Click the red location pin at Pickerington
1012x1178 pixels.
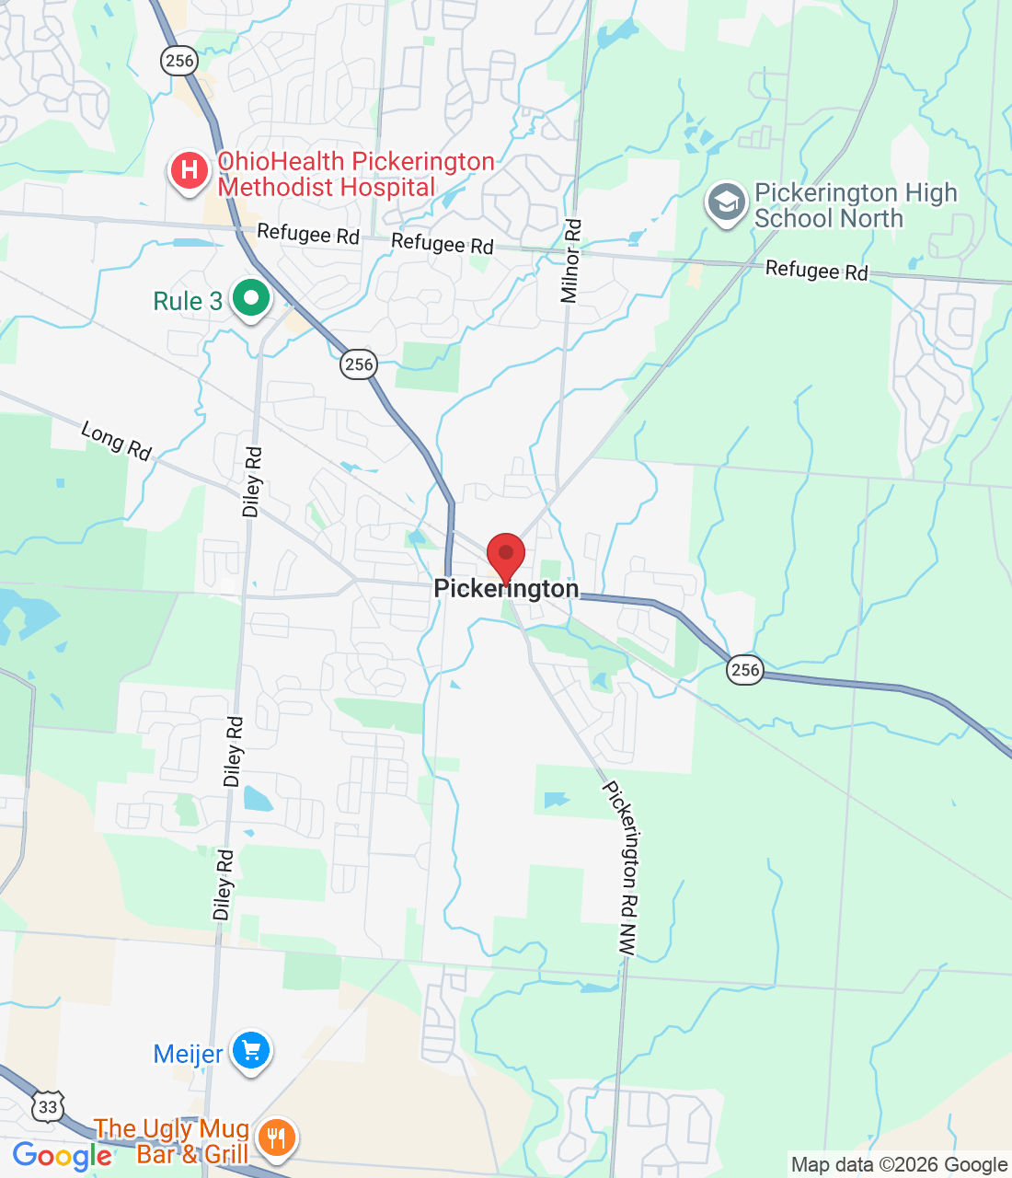point(505,555)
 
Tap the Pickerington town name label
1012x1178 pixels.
point(506,589)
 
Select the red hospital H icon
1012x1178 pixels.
point(190,170)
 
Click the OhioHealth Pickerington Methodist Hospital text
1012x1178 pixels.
point(355,175)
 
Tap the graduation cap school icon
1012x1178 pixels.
point(727,202)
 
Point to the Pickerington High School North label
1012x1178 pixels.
point(855,206)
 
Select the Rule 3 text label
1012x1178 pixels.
point(188,302)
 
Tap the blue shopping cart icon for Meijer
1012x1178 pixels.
point(250,1050)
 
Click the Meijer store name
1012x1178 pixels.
point(188,1055)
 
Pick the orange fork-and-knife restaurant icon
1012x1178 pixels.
point(275,1138)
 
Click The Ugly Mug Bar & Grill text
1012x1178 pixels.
point(173,1141)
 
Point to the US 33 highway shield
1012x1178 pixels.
point(48,1106)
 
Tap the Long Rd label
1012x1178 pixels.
point(116,441)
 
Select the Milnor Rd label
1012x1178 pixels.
point(571,261)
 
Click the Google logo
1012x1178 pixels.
point(63,1156)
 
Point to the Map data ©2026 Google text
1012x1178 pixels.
point(899,1165)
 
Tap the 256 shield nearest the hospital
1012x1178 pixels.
point(178,61)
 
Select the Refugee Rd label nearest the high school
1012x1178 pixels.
point(816,271)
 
